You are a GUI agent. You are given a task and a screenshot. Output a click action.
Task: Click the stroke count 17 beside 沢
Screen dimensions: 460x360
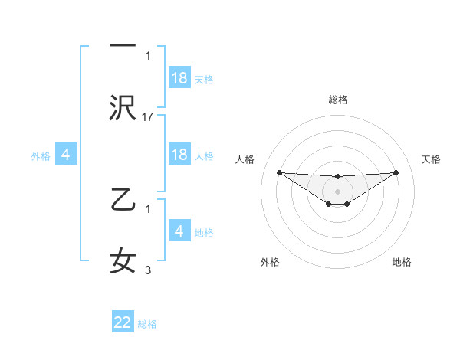coord(149,117)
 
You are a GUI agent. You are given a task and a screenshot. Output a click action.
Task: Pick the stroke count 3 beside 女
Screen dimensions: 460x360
coord(149,270)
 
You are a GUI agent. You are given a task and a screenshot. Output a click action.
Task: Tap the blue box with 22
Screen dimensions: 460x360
coord(123,322)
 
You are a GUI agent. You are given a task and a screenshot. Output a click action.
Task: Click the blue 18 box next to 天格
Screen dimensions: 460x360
coord(179,78)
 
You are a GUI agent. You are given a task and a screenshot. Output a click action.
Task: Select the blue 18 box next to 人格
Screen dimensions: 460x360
coord(179,155)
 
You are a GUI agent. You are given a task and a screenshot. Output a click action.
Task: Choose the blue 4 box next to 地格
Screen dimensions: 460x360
coord(179,231)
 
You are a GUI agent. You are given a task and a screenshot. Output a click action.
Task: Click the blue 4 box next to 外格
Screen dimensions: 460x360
coord(66,155)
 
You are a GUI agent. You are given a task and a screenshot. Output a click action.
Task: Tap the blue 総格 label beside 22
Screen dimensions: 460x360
coord(147,324)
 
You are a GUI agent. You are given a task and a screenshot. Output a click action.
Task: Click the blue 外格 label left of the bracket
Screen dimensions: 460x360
coord(41,155)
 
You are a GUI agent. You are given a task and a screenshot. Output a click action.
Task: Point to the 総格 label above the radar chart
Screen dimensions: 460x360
coord(337,100)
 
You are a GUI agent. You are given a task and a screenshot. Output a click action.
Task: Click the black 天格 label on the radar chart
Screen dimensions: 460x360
coord(432,159)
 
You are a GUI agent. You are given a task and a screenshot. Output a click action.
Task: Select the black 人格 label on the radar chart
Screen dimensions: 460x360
coord(245,159)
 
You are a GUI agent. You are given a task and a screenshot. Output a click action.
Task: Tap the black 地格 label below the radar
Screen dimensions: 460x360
coord(402,262)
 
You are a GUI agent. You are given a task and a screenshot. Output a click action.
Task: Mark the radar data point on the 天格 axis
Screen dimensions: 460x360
coord(396,172)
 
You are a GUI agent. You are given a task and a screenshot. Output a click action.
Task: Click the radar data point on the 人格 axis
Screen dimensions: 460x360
coord(279,172)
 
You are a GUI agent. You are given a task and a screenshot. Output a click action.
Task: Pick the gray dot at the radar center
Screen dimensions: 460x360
coord(337,191)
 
